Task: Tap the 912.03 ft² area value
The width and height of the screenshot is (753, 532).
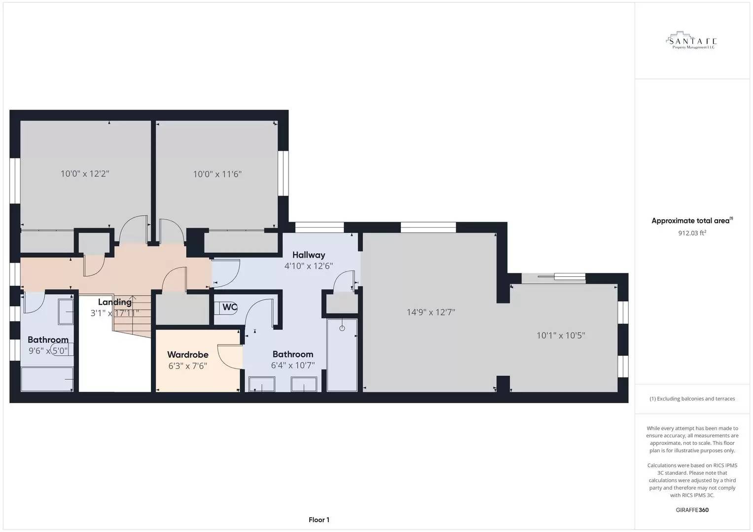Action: [692, 233]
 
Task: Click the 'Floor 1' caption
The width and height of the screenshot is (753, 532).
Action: [319, 520]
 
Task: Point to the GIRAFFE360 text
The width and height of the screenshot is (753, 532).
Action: [692, 510]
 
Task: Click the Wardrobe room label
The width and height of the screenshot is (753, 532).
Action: [188, 354]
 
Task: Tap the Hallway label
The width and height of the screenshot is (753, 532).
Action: [309, 255]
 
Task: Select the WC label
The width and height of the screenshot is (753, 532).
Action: [229, 307]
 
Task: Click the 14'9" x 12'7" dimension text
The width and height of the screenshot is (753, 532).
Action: [430, 312]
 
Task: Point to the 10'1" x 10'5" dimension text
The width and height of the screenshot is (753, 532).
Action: [561, 335]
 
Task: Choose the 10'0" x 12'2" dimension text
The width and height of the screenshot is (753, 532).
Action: [85, 174]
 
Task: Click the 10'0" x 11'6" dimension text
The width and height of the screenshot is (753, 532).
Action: [217, 174]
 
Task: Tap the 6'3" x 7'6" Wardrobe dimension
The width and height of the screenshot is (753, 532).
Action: [188, 366]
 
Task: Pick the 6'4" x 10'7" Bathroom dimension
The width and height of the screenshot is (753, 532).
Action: [293, 366]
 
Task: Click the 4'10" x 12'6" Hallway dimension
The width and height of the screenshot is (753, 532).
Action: [309, 266]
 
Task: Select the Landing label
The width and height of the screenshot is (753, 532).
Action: [114, 302]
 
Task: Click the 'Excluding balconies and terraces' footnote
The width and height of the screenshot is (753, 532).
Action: [692, 399]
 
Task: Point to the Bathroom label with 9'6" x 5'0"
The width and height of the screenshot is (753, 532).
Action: [48, 339]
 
